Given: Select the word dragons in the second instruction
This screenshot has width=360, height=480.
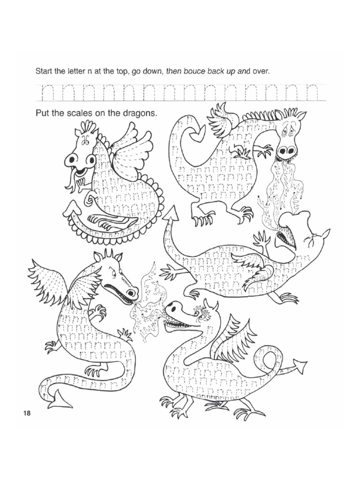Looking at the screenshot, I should (138, 113).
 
